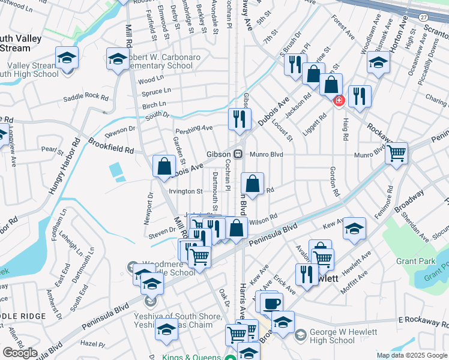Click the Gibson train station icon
[x=238, y=154]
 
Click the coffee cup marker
[x=271, y=302]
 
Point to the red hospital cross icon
[x=339, y=101]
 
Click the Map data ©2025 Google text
[x=412, y=355]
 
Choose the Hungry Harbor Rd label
[x=65, y=169]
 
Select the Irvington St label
[x=185, y=191]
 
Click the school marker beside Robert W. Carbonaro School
[x=117, y=58]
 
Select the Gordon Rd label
[x=334, y=182]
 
